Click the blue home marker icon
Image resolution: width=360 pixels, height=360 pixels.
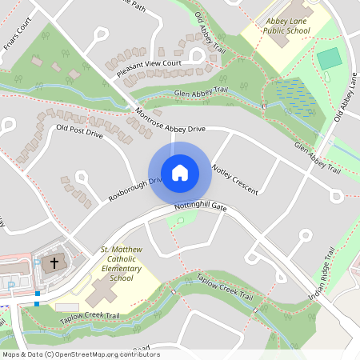point(179,173)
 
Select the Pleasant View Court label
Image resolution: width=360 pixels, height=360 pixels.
point(149,68)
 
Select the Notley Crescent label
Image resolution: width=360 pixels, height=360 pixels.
point(234,178)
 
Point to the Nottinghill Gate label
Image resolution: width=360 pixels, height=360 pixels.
point(201,207)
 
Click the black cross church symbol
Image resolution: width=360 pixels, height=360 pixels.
point(55,262)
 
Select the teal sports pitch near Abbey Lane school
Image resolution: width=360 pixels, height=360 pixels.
point(328,58)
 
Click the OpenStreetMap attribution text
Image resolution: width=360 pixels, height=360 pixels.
point(80,354)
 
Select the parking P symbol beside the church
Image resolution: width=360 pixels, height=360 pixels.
point(37,262)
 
